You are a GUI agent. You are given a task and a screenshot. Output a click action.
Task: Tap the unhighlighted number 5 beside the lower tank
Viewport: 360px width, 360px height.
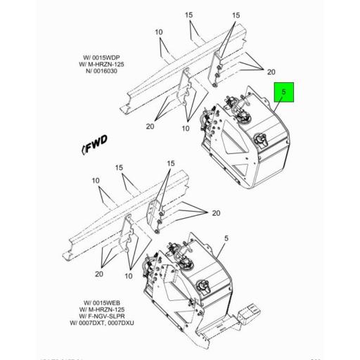click(x=226, y=238)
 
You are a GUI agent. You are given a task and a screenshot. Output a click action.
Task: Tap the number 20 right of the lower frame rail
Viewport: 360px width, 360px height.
click(x=215, y=213)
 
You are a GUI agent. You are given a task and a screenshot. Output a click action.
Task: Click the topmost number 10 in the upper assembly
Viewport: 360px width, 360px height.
click(x=160, y=32)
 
